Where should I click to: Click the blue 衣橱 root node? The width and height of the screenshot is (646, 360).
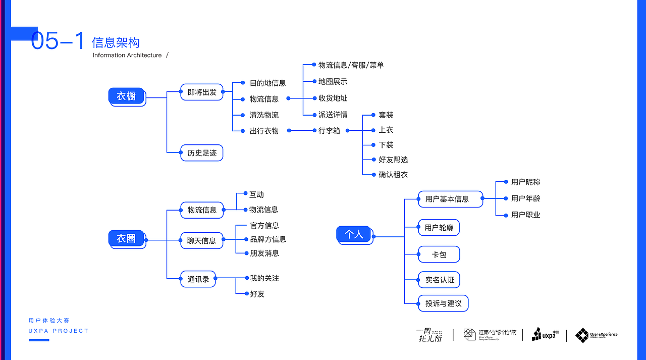coord(127,96)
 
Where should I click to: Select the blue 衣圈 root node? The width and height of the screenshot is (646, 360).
coord(127,238)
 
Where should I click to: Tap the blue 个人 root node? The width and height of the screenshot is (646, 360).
coord(354,234)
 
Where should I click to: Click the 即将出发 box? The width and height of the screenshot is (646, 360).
coord(202,92)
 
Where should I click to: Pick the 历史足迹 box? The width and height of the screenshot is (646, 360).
coord(202,153)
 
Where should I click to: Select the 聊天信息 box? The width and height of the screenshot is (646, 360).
coord(201,240)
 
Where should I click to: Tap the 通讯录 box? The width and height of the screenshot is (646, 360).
coord(198,279)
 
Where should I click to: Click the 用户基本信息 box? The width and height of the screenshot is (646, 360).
coord(447,199)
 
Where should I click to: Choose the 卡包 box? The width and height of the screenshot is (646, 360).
coord(439,254)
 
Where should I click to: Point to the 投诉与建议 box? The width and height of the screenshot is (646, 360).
coord(443,303)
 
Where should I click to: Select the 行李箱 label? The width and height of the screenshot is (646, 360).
coord(329,131)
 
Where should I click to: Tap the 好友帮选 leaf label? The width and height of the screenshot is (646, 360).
coord(393,160)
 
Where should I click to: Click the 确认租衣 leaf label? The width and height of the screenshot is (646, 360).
coord(393,175)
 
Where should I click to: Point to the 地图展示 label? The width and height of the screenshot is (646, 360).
coord(333,82)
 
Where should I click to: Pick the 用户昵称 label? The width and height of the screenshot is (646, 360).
coord(525,182)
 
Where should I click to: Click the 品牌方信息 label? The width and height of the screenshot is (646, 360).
coord(268,239)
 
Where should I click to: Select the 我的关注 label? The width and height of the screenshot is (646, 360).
coord(264,278)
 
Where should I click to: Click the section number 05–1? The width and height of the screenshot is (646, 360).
coord(58,41)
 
